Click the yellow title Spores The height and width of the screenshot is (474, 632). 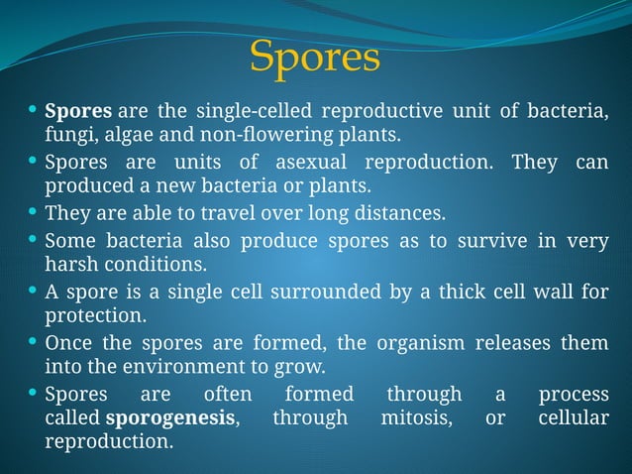click(x=315, y=58)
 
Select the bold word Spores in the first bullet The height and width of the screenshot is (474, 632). click(x=77, y=109)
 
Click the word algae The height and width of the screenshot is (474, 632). click(x=123, y=134)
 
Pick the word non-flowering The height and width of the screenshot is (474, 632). click(x=249, y=134)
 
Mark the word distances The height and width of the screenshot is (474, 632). click(x=400, y=213)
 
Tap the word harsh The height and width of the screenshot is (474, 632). click(x=68, y=265)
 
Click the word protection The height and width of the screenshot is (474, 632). click(x=95, y=316)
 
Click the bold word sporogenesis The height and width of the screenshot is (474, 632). click(x=170, y=417)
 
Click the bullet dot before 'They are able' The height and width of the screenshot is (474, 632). click(x=34, y=212)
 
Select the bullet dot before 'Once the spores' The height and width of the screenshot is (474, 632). click(x=34, y=342)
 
